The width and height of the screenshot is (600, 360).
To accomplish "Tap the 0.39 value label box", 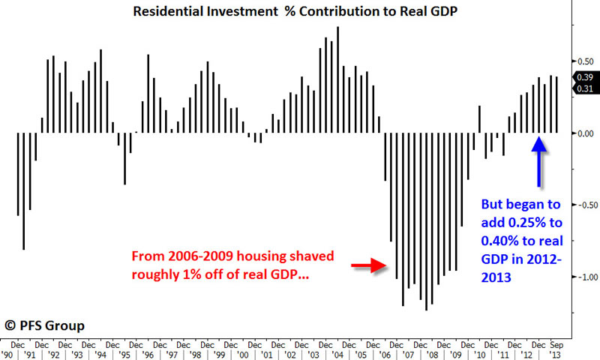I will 584,77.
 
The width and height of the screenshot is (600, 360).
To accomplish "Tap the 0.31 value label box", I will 584,88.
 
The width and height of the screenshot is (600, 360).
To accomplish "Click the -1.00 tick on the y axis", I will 583,277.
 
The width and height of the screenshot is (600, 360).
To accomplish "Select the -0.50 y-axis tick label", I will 583,205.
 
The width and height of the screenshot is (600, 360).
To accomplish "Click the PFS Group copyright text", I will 46,325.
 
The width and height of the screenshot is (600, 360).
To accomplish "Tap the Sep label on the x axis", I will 558,344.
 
